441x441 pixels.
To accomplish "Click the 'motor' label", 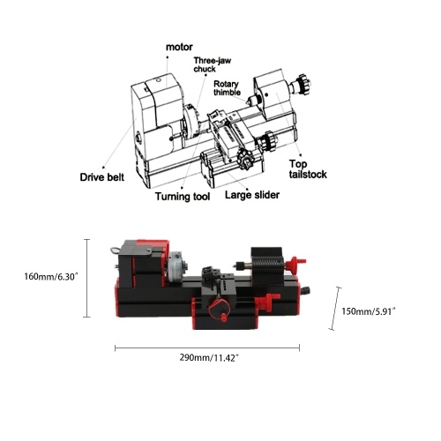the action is pos(179,47).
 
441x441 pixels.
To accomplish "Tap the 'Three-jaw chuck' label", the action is pos(213,64).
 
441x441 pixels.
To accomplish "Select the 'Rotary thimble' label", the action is pos(227,88).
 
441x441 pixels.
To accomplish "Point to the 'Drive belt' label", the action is pos(102,177).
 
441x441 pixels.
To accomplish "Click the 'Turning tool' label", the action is pos(183,197).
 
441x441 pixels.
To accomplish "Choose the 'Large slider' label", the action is pos(252,195).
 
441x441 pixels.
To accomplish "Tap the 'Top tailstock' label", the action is pos(308,169).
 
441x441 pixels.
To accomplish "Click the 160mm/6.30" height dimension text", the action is pos(51,276).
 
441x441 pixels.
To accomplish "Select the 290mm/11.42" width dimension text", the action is pos(209,357).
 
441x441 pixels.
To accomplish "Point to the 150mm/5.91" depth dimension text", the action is pos(369,311).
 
